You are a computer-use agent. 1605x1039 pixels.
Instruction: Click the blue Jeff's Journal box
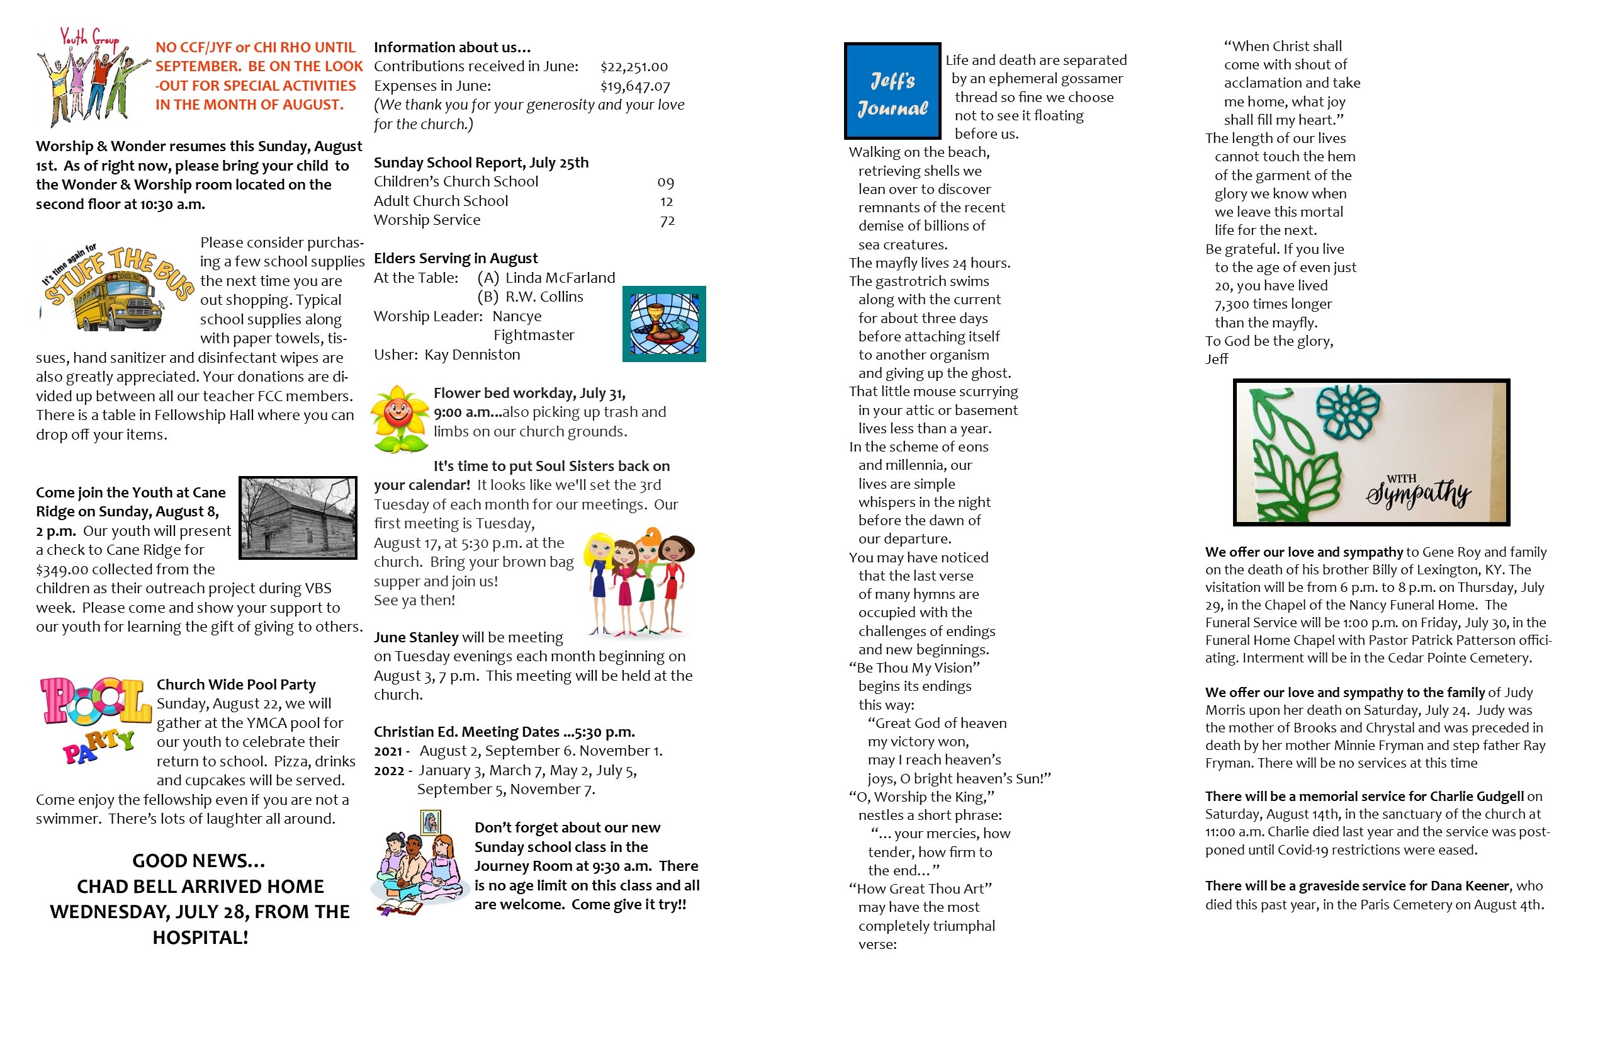click(893, 91)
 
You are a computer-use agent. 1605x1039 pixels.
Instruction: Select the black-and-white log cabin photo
click(298, 518)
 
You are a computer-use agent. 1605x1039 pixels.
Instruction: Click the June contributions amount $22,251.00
click(634, 67)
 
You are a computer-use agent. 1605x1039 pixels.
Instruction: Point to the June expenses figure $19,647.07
click(634, 86)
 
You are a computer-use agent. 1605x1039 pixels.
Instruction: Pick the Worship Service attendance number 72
click(667, 220)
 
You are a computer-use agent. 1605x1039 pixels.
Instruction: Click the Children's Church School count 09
click(665, 182)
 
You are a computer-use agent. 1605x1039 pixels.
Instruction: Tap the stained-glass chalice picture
click(663, 324)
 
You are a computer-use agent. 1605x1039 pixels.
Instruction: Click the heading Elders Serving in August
click(455, 258)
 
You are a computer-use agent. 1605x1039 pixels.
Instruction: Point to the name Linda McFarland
click(560, 278)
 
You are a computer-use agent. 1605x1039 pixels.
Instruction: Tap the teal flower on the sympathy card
click(1348, 412)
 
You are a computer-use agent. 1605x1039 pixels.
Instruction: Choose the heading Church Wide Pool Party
click(236, 685)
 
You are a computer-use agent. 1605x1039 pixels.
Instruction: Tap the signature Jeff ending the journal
click(1217, 360)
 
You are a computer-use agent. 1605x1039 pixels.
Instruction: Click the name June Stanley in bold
click(416, 637)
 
